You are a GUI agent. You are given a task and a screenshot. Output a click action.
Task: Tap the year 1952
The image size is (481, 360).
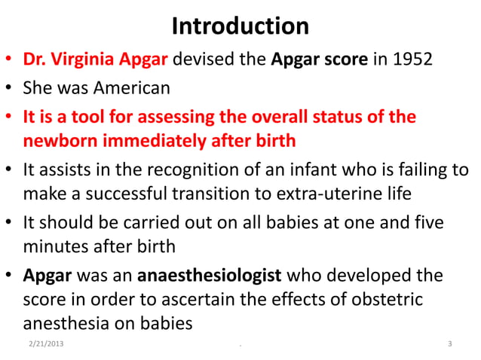[412, 59]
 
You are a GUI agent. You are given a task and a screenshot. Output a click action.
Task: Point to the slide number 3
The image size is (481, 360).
[449, 345]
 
